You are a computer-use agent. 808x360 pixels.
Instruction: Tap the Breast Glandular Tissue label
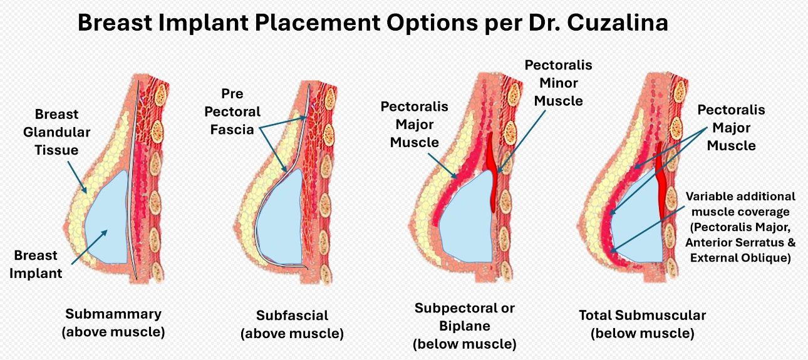pyautogui.click(x=57, y=132)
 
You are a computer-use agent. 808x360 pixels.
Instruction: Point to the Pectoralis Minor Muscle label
pyautogui.click(x=558, y=83)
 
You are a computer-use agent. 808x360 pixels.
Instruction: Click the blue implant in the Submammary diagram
pyautogui.click(x=106, y=219)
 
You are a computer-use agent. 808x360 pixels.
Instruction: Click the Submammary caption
pyautogui.click(x=113, y=322)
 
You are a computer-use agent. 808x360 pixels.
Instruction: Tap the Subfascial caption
pyautogui.click(x=292, y=324)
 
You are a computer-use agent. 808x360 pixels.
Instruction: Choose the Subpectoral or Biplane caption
pyautogui.click(x=464, y=326)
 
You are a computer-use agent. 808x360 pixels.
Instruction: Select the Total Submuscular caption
pyautogui.click(x=642, y=324)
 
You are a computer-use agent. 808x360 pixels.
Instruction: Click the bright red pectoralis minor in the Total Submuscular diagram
pyautogui.click(x=661, y=182)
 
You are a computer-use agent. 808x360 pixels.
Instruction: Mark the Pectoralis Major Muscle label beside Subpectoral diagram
pyautogui.click(x=414, y=124)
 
